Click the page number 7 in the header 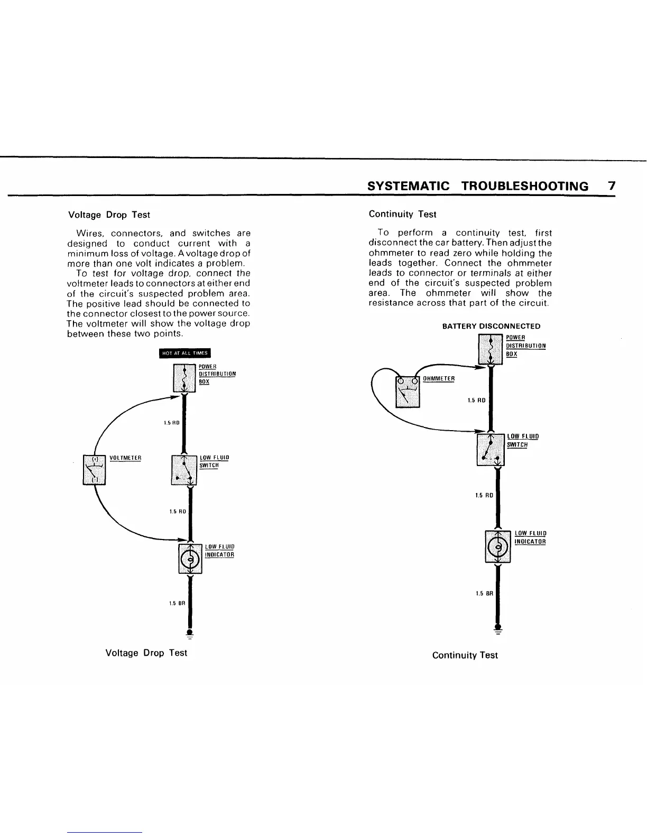click(x=612, y=185)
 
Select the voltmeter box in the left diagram click(x=95, y=469)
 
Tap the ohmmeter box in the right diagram click(x=408, y=391)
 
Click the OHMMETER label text click(x=439, y=378)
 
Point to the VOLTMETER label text click(x=125, y=458)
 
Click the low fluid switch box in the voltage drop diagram click(x=184, y=470)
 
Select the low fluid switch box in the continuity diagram click(x=491, y=450)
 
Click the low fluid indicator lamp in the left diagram click(x=191, y=559)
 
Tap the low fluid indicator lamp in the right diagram click(x=497, y=547)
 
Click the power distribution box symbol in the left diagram click(x=184, y=378)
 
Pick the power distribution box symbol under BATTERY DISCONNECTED click(x=491, y=349)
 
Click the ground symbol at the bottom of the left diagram click(x=189, y=635)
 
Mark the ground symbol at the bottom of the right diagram click(x=497, y=628)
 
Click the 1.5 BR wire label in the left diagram click(x=177, y=603)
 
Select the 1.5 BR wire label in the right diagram click(x=484, y=593)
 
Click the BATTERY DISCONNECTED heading click(x=491, y=326)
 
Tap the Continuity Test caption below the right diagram click(x=465, y=655)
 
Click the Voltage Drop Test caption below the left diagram click(x=146, y=653)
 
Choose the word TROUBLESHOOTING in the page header click(x=524, y=186)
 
